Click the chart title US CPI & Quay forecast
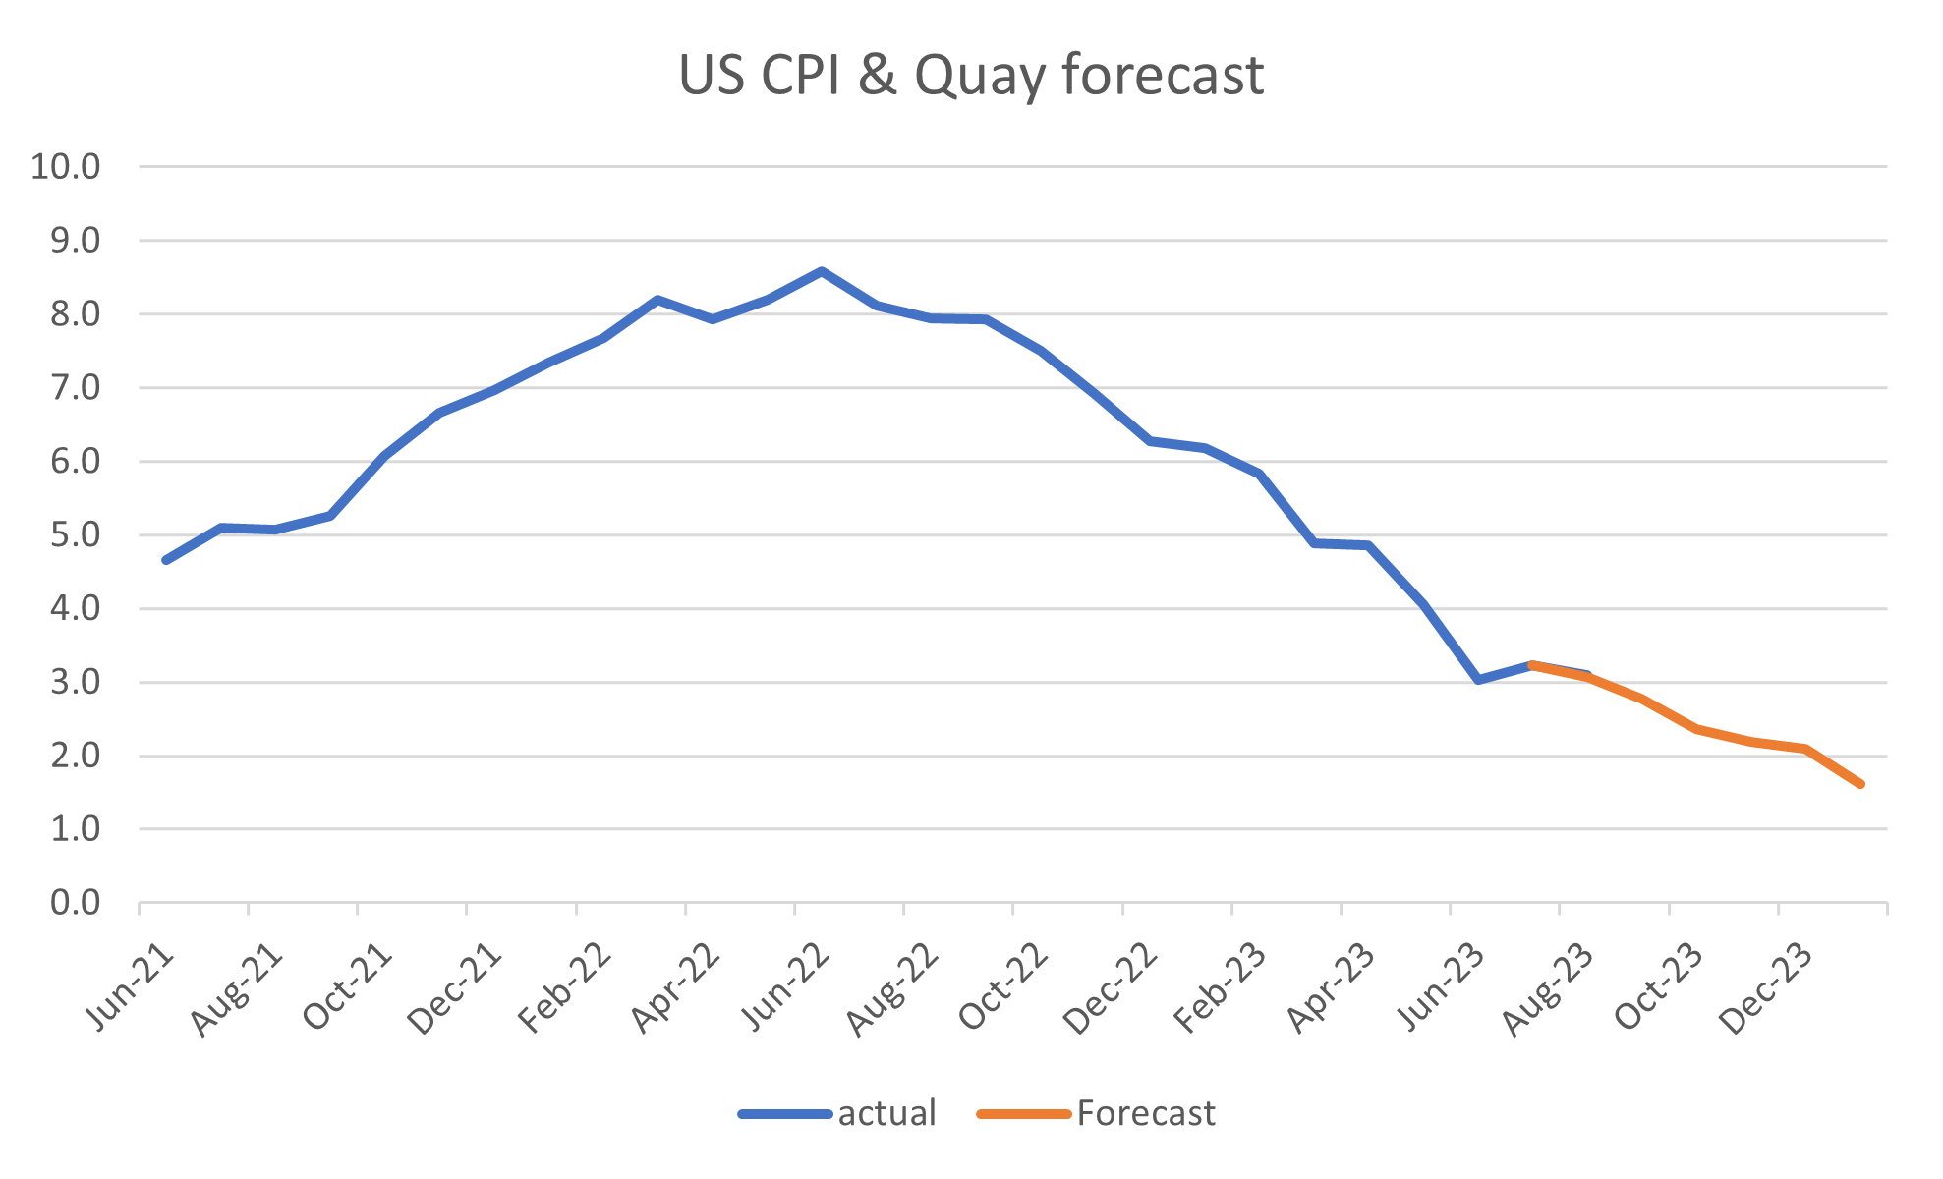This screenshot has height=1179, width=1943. pyautogui.click(x=971, y=77)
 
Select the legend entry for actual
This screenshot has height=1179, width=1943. pyautogui.click(x=886, y=1113)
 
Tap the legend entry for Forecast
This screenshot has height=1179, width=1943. pyautogui.click(x=1146, y=1113)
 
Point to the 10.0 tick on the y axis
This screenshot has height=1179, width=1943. pyautogui.click(x=67, y=167)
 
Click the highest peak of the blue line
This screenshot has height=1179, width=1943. pyautogui.click(x=822, y=270)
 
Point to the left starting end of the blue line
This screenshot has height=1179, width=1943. pyautogui.click(x=165, y=560)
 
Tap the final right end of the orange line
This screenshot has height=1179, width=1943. pyautogui.click(x=1860, y=784)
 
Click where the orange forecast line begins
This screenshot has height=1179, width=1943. pyautogui.click(x=1533, y=665)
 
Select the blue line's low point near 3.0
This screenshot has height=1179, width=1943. pyautogui.click(x=1478, y=680)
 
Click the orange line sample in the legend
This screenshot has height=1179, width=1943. pyautogui.click(x=1023, y=1114)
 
